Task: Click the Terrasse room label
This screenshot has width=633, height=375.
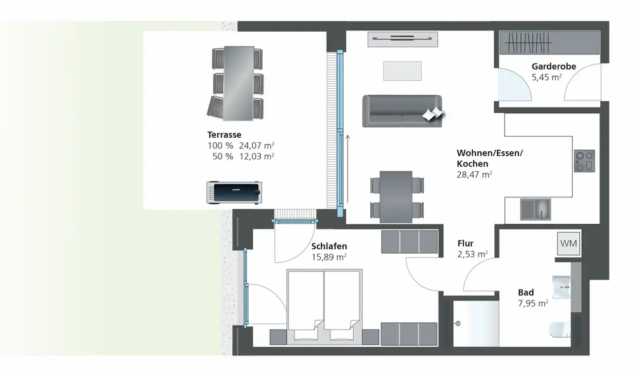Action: click(225, 135)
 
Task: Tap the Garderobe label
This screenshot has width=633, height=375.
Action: click(553, 66)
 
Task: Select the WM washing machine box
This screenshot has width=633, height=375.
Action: click(568, 242)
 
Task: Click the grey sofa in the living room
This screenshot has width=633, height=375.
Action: click(401, 111)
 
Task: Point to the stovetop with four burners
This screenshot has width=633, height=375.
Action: click(584, 161)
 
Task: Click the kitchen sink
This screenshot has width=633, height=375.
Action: click(536, 209)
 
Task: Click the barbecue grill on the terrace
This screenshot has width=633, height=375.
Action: click(234, 192)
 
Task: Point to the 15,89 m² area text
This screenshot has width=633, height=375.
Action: click(329, 257)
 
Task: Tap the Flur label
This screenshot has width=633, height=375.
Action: click(465, 243)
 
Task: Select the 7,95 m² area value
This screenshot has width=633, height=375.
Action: click(533, 303)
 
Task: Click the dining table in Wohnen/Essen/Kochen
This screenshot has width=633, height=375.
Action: click(396, 196)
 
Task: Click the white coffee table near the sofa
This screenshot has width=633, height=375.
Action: click(402, 71)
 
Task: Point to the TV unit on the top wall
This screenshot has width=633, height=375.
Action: click(403, 39)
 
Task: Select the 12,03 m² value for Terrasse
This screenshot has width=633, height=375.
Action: click(257, 156)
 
